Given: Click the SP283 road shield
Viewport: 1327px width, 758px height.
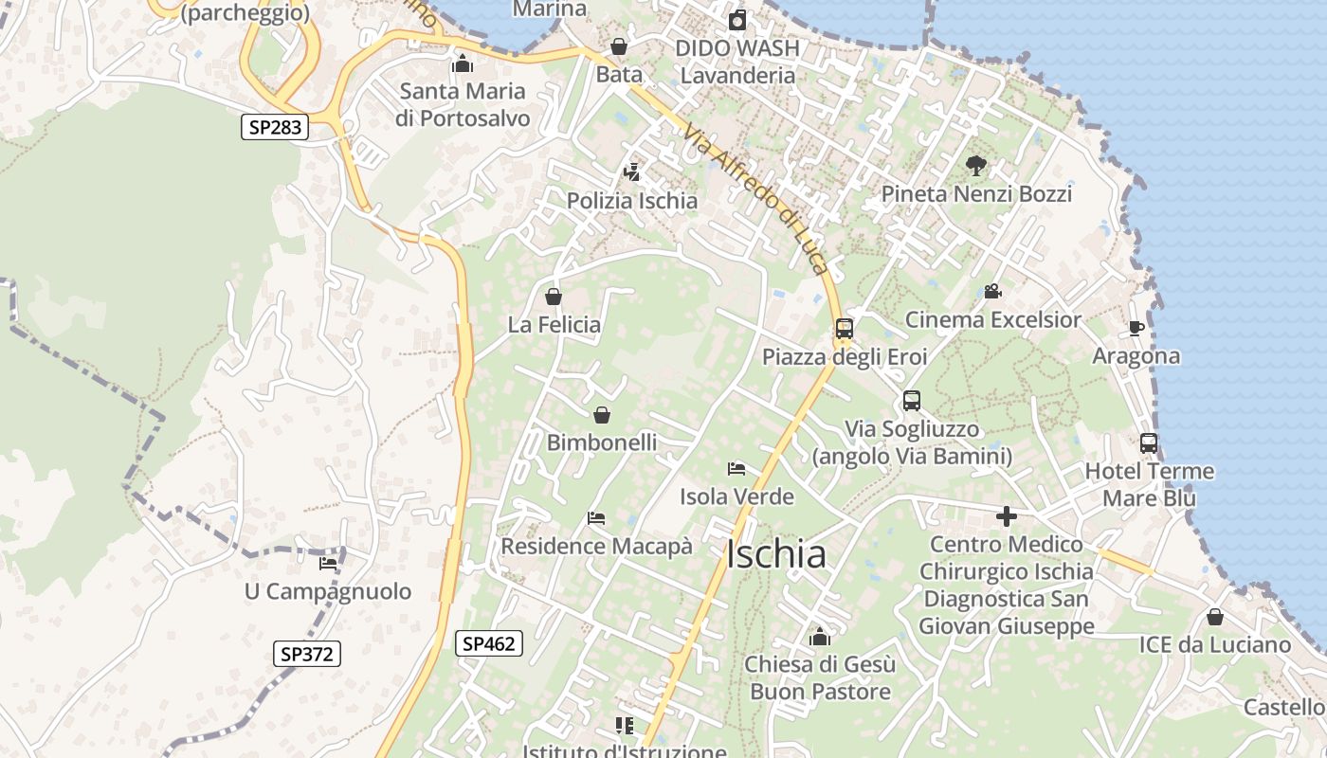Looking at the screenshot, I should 275,127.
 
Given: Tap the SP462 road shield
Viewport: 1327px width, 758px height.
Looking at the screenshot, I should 488,644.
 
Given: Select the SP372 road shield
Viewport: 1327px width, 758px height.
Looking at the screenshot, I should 308,654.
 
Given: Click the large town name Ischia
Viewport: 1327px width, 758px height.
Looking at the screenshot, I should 776,554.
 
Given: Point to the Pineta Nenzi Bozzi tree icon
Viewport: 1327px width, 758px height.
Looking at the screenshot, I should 975,167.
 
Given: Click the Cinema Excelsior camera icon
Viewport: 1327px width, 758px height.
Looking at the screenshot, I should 992,292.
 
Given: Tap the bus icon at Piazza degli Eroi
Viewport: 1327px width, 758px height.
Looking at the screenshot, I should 844,330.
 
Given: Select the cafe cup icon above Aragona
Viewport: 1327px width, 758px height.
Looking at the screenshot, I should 1136,329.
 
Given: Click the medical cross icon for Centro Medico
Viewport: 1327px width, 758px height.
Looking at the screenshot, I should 1006,516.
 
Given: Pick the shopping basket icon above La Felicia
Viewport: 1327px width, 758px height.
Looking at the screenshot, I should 554,298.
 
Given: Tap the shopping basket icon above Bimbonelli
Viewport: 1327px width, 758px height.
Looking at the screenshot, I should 601,415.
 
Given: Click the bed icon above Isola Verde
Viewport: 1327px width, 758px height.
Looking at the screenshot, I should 736,468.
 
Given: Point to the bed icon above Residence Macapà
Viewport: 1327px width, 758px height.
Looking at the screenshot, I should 596,518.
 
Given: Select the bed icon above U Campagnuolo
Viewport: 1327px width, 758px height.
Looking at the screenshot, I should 328,563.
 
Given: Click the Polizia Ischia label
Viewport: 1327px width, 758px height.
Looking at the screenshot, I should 632,201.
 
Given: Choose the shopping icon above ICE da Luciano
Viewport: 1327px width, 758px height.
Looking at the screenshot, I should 1214,618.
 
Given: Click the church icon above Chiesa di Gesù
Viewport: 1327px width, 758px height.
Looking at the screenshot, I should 820,637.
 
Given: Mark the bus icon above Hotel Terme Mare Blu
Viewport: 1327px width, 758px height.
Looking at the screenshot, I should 1148,443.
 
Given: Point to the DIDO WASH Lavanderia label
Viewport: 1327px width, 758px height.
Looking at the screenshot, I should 737,62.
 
